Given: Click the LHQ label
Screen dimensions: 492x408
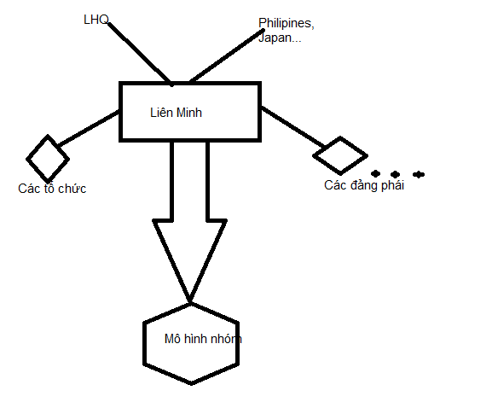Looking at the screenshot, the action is pos(96,20).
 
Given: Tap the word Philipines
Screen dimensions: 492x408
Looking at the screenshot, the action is pos(287,24).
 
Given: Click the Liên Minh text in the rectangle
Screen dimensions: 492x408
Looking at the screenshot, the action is pos(176,113).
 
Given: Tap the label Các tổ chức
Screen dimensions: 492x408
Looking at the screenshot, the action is pos(52,189).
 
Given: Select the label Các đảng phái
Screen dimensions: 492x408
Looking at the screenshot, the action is pos(364,185).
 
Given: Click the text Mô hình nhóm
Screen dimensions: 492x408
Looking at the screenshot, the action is pos(203,339).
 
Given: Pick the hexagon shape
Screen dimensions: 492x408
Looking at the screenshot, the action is pos(144,343).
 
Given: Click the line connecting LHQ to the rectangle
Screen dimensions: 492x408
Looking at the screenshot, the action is pos(140,54).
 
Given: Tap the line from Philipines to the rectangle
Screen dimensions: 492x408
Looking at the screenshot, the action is pos(227,55).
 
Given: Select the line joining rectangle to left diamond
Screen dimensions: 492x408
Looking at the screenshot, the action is pos(89,128).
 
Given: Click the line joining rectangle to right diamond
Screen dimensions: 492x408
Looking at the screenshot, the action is pos(293,127).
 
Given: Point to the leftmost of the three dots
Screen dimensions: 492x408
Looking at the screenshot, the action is pos(375,173).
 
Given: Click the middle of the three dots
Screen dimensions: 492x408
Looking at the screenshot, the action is pos(395,174).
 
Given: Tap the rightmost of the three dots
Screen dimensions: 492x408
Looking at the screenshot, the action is pos(419,174).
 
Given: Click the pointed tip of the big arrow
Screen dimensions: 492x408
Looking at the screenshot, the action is pos(190,301).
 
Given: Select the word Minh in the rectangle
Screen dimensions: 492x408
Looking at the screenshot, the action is pos(189,113).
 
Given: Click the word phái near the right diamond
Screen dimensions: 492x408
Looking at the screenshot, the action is pos(392,185).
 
